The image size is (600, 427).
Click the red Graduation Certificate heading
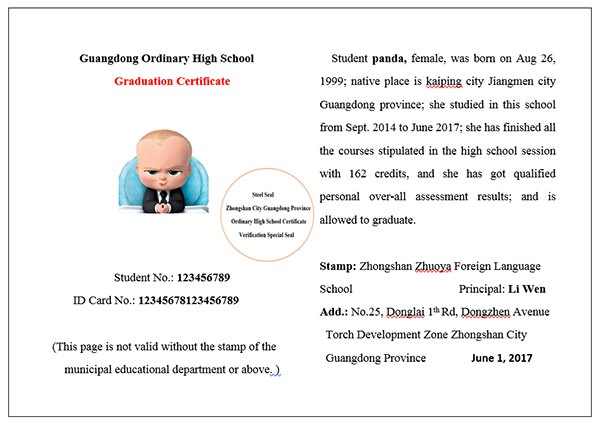[171, 80]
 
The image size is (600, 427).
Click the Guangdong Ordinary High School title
[166, 58]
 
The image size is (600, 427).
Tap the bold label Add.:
[337, 312]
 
